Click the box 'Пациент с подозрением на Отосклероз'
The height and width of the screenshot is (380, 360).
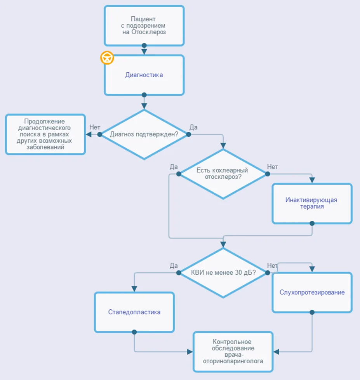click(144, 25)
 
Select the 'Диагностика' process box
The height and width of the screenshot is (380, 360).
click(144, 75)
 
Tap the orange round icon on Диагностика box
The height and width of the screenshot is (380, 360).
click(107, 58)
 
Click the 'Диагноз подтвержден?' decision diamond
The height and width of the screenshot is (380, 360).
click(144, 134)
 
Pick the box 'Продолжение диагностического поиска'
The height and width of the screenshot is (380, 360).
click(45, 134)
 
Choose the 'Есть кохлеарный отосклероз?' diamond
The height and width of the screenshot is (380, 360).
click(223, 174)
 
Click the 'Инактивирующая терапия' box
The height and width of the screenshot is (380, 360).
click(312, 203)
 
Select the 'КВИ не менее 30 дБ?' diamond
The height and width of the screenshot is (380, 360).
click(223, 273)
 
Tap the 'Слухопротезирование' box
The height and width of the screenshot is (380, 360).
click(312, 293)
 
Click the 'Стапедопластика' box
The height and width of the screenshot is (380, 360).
click(134, 312)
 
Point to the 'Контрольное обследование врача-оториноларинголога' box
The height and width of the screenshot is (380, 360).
click(233, 352)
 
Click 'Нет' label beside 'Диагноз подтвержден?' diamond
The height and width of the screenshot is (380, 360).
click(95, 127)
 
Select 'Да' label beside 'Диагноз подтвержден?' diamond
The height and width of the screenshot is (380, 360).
click(193, 127)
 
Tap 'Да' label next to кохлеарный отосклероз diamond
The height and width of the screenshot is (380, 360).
click(174, 167)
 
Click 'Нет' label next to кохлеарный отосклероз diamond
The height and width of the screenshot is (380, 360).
click(273, 167)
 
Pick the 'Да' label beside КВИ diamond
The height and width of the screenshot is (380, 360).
click(174, 266)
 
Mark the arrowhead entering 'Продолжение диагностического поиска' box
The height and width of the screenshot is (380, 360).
click(89, 134)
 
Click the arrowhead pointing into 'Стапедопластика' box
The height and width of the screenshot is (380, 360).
click(134, 289)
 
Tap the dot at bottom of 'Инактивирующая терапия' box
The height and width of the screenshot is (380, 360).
click(312, 223)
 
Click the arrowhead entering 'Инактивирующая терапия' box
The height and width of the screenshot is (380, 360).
click(312, 180)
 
